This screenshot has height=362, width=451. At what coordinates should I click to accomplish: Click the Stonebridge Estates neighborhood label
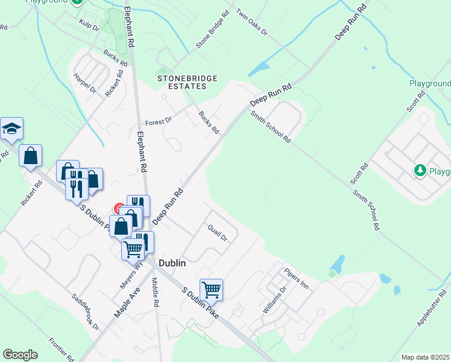(x=181, y=82)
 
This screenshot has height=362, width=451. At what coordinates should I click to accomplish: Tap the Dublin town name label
(x=172, y=264)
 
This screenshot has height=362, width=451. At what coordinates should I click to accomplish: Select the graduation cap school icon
(x=11, y=129)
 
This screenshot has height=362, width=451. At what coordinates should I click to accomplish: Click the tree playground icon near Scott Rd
(x=420, y=171)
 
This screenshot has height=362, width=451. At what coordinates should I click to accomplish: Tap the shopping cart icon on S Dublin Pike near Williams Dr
(x=211, y=290)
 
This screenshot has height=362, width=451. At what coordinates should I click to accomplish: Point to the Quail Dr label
(x=217, y=233)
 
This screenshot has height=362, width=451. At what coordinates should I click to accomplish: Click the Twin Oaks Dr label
(x=252, y=21)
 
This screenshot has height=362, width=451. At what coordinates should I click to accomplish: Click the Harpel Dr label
(x=85, y=83)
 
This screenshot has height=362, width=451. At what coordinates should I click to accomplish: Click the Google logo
(x=20, y=355)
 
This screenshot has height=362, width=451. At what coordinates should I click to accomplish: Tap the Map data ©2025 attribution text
(x=425, y=357)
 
